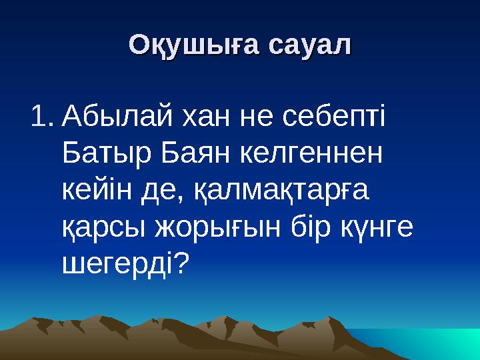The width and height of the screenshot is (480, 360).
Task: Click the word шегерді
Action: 117,266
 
